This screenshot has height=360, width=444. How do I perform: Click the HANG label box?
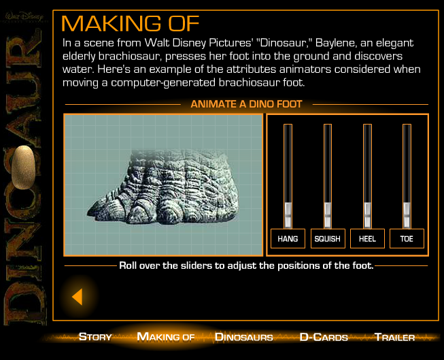coord(288,238)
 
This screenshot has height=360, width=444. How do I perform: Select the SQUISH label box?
coord(328,238)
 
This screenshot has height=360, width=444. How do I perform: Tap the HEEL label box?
coord(367,238)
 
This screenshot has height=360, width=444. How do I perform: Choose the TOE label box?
coord(407,238)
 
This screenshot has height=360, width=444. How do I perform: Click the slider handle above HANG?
coord(288,215)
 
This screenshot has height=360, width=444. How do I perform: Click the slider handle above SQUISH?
coord(328,215)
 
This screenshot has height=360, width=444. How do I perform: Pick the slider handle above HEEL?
coord(367,215)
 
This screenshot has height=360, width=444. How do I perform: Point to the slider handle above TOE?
coord(407,215)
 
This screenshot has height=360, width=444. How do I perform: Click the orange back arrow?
coord(78,297)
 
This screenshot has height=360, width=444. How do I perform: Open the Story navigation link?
coord(95,337)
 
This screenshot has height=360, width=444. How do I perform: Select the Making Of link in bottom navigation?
coord(166,337)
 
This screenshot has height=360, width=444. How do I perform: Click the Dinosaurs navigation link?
coord(244,337)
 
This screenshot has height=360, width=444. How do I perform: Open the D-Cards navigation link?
coord(324,337)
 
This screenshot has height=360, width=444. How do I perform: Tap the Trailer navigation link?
coord(395,337)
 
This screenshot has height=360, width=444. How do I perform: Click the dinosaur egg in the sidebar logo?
coord(23,167)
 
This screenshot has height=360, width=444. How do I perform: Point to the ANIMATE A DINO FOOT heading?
coord(246,104)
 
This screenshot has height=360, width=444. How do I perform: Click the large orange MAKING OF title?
coord(131,23)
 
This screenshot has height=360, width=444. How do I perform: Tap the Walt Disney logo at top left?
coord(24,16)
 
